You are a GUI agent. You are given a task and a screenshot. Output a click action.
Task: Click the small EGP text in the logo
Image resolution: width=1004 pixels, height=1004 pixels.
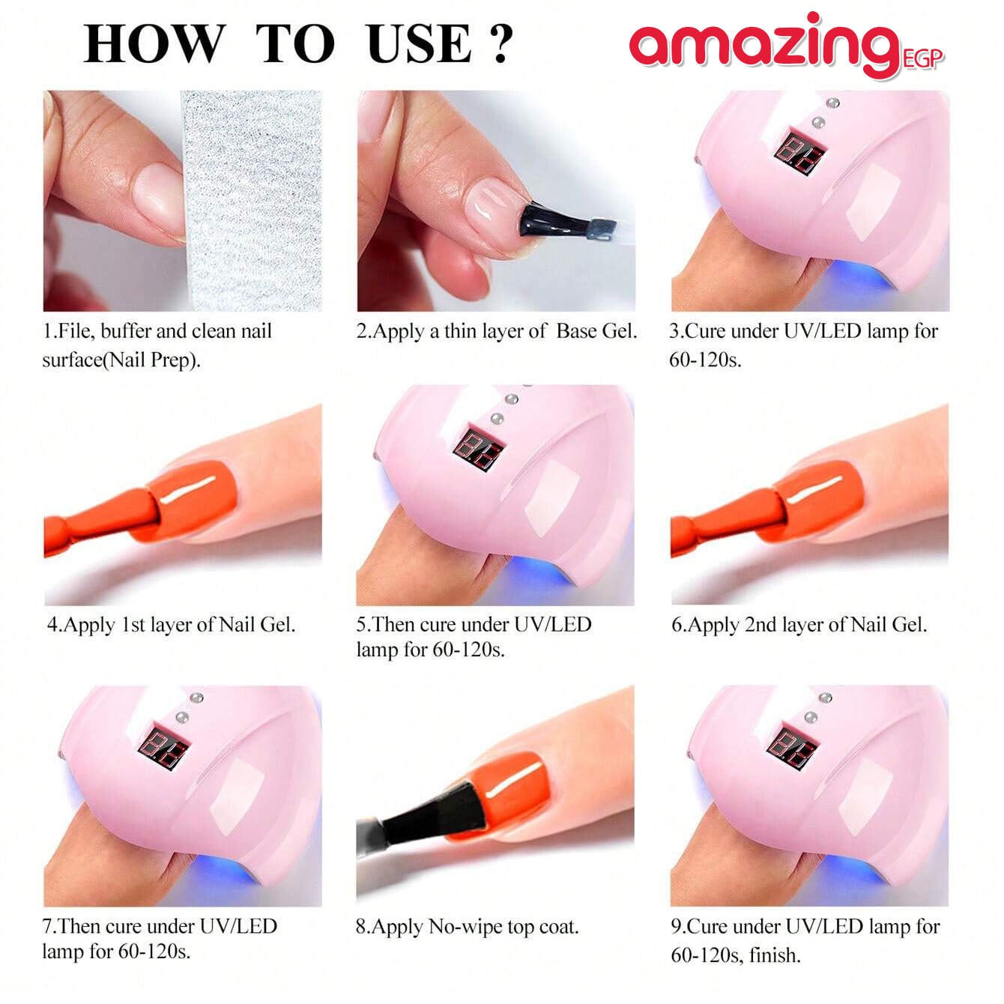[923, 59]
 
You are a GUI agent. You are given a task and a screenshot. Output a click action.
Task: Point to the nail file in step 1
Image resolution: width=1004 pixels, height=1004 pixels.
[251, 201]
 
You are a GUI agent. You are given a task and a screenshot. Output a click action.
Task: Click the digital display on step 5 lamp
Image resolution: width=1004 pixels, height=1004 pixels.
[479, 449]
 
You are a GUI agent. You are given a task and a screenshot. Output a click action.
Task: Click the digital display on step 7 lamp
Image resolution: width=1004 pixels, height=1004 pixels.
[163, 749]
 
